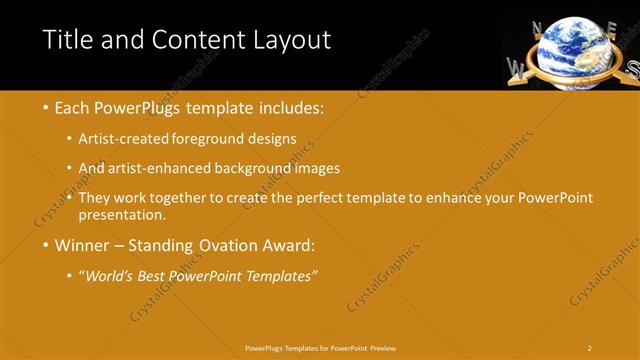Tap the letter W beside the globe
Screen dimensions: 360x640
(517, 68)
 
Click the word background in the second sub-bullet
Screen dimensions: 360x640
(268, 168)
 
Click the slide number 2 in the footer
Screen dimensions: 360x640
(590, 348)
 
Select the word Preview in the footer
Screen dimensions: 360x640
(382, 348)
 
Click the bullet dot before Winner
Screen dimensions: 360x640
(46, 246)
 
